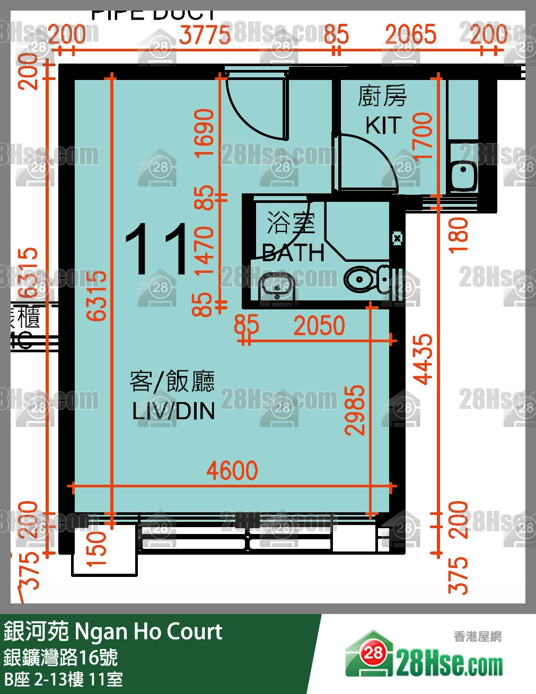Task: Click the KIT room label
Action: point(382,126)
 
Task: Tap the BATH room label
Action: point(293,253)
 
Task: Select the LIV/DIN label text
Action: point(173,411)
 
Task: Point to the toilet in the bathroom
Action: point(365,279)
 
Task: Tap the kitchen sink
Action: point(463,174)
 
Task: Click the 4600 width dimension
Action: point(232,470)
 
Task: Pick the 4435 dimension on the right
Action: point(424,359)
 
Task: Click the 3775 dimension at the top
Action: point(205,35)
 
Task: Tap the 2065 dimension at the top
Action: point(410,35)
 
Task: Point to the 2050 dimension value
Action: point(319,326)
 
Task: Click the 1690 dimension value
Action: point(205,133)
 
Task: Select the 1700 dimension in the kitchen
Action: point(423,136)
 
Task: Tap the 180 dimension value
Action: point(459,235)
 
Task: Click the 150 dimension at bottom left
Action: point(96,549)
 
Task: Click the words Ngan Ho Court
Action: point(148,631)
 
